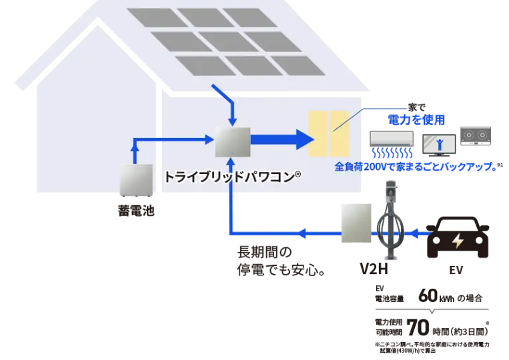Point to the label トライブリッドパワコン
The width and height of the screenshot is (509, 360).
[232, 178]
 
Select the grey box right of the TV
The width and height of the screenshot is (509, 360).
[474, 136]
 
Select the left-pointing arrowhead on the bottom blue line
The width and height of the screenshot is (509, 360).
[303, 233]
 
